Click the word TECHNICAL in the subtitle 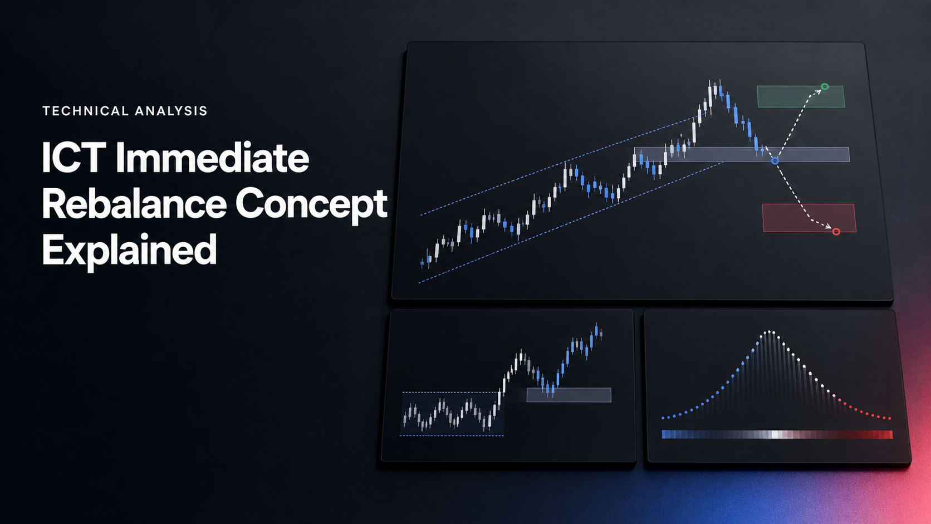click(85, 111)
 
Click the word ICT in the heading click(73, 158)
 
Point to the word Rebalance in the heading click(134, 204)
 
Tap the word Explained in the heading click(129, 249)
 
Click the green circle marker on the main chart click(825, 86)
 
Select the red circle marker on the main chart click(836, 232)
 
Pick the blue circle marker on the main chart click(775, 161)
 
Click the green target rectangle click(801, 96)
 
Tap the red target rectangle click(809, 218)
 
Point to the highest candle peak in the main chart click(710, 81)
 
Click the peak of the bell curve click(770, 331)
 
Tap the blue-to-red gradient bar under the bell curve click(777, 435)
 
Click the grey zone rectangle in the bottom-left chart click(569, 395)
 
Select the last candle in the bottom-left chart click(601, 333)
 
